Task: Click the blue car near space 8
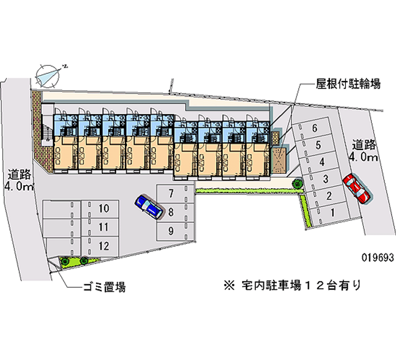coord(149,206)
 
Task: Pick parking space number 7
coord(176,193)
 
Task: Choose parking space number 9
coord(176,231)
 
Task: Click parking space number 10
coord(100,209)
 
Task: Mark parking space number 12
coord(100,246)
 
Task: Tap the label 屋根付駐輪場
coord(348,84)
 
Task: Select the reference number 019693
coord(378,257)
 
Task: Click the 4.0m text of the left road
coord(19,187)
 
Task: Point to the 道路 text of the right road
coord(364,145)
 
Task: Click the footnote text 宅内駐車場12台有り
coord(301,285)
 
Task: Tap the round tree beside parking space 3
coord(297,182)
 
